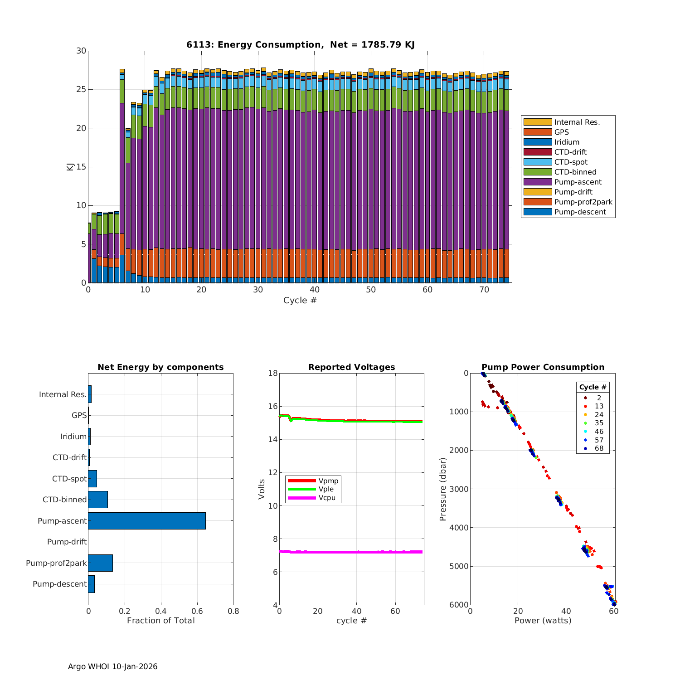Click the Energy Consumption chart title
coord(300,44)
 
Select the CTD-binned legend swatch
coord(537,172)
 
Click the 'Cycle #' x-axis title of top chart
coord(300,301)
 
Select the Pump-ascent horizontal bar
coord(147,521)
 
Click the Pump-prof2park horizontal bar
coord(100,563)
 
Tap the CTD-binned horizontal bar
coord(98,500)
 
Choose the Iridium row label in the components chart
coord(73,437)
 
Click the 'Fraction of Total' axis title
coord(160,621)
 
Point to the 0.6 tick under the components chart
coord(197,611)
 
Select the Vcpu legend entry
coord(326,498)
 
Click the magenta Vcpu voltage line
coord(354,552)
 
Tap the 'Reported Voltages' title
coord(351,367)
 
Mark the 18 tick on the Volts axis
coord(273,373)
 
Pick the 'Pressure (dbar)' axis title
coord(443,489)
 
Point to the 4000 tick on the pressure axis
coord(460,528)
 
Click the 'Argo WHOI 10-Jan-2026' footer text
coord(112,666)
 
